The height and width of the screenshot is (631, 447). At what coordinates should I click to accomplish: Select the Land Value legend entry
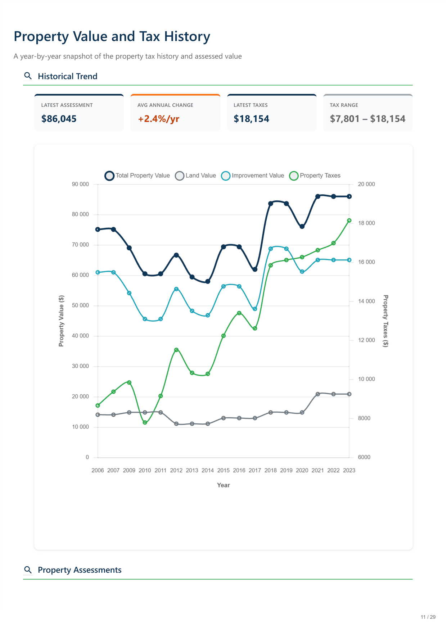point(196,176)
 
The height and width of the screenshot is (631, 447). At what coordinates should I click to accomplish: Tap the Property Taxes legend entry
point(315,176)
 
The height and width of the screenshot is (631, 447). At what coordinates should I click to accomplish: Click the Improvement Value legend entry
point(253,176)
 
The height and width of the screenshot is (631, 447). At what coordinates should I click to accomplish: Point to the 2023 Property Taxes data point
point(349,221)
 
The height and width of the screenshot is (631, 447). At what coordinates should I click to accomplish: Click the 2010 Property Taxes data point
point(145,422)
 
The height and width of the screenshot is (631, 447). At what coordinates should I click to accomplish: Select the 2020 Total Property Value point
point(302,227)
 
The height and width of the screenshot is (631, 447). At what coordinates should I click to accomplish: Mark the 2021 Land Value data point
point(318,394)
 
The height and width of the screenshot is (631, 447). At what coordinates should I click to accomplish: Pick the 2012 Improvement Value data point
point(176,289)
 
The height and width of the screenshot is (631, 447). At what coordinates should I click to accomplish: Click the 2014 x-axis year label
point(208,470)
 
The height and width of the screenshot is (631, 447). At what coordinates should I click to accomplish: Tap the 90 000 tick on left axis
point(80,184)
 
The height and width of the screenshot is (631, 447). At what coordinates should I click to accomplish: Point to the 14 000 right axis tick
point(366,301)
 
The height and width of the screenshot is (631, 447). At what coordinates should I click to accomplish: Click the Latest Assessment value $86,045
point(59,119)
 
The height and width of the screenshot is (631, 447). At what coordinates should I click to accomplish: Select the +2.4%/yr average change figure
point(158,119)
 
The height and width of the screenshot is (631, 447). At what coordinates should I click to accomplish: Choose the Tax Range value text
point(367,119)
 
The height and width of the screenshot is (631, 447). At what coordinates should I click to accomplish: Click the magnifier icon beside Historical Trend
point(28,76)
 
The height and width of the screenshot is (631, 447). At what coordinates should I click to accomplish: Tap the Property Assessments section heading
point(80,570)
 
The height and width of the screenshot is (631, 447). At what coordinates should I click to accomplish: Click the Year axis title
point(223,485)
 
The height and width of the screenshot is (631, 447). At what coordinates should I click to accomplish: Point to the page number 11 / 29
point(428,617)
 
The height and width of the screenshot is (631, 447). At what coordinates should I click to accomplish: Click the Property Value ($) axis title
point(61,321)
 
